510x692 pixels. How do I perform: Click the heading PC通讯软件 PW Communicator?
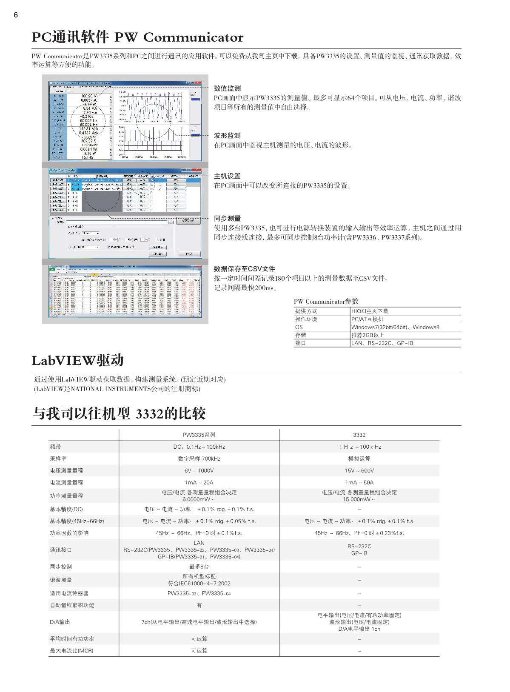click(x=137, y=38)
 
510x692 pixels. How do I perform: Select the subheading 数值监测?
click(x=227, y=88)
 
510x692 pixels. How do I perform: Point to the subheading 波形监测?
click(x=227, y=136)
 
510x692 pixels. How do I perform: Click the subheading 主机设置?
click(x=227, y=176)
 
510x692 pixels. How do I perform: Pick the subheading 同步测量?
click(x=227, y=219)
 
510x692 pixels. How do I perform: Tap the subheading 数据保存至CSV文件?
click(x=244, y=269)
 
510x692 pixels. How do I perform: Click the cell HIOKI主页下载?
click(x=370, y=311)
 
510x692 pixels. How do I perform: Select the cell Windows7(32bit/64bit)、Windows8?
click(x=395, y=327)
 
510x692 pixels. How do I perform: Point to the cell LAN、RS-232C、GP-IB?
click(x=382, y=343)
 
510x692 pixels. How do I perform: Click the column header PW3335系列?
click(x=199, y=435)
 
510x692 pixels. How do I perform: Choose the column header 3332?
click(x=359, y=435)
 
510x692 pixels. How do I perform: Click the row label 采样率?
click(x=58, y=458)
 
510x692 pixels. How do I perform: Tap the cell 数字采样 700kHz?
click(x=199, y=458)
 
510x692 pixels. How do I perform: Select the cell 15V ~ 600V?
click(x=359, y=470)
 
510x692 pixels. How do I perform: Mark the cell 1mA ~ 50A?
click(x=359, y=482)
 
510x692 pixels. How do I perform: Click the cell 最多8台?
click(x=199, y=567)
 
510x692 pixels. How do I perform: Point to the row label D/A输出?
click(x=60, y=622)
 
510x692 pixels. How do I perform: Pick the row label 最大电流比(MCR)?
click(x=71, y=651)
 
